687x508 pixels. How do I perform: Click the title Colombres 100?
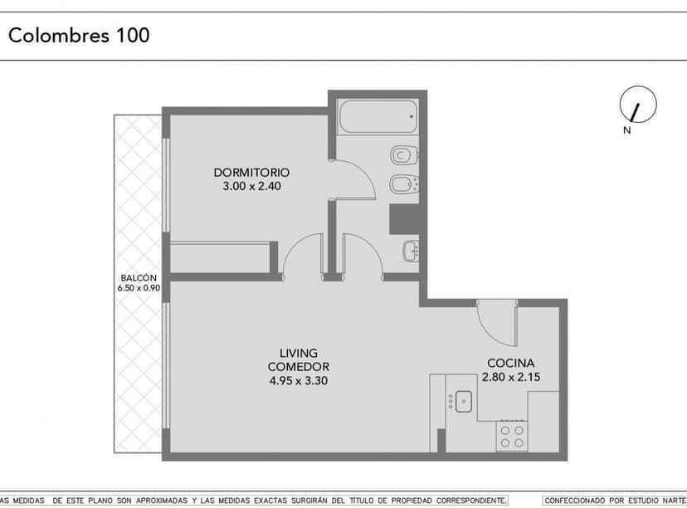pyautogui.click(x=79, y=35)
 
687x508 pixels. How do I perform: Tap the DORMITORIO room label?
pyautogui.click(x=251, y=173)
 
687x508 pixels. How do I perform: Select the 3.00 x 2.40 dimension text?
pyautogui.click(x=252, y=186)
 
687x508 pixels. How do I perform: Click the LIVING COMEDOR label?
pyautogui.click(x=299, y=360)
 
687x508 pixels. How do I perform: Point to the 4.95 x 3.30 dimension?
pyautogui.click(x=299, y=380)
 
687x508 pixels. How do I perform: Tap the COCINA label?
pyautogui.click(x=511, y=363)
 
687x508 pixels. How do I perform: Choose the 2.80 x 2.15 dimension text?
pyautogui.click(x=511, y=377)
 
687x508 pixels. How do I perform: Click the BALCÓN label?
pyautogui.click(x=139, y=278)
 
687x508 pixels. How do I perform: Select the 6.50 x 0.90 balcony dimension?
pyautogui.click(x=139, y=288)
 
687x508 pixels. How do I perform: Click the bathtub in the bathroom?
pyautogui.click(x=378, y=116)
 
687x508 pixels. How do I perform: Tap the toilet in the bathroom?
pyautogui.click(x=404, y=154)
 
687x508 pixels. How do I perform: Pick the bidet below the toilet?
pyautogui.click(x=404, y=184)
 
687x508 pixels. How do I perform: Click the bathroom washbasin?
pyautogui.click(x=411, y=251)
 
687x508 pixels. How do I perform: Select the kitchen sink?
pyautogui.click(x=463, y=402)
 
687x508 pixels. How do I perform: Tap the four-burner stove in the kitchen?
pyautogui.click(x=512, y=436)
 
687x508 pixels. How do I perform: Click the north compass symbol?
pyautogui.click(x=638, y=105)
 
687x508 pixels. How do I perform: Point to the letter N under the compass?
pyautogui.click(x=627, y=130)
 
